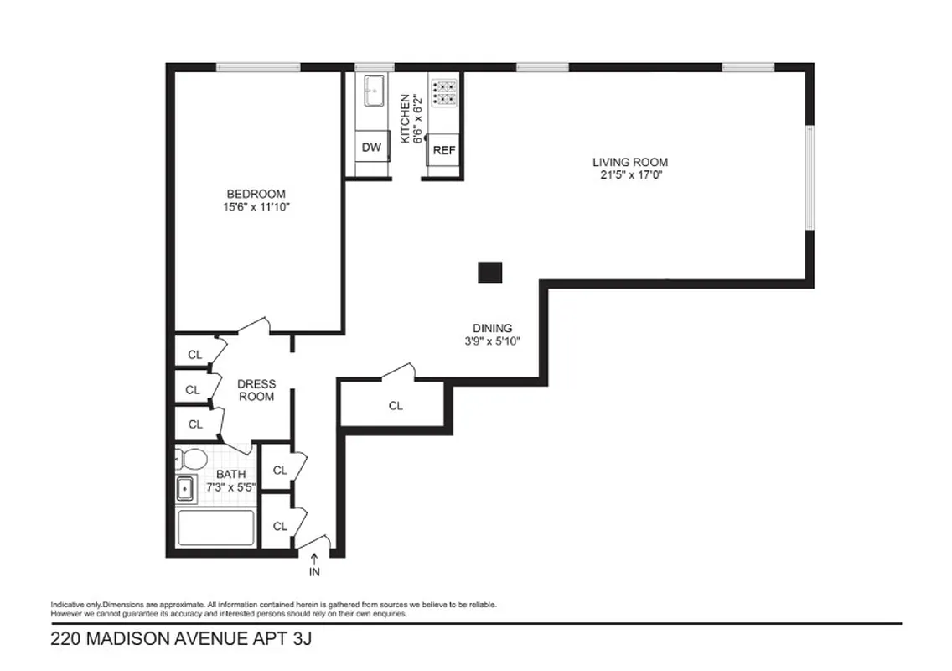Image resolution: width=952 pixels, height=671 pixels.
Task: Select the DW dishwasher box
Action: pyautogui.click(x=371, y=148)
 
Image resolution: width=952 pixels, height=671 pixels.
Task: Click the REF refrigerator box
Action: pyautogui.click(x=443, y=151)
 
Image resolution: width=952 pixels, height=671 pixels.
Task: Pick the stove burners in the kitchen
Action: pyautogui.click(x=443, y=91)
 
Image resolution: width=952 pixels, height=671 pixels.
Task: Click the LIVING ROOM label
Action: pyautogui.click(x=629, y=162)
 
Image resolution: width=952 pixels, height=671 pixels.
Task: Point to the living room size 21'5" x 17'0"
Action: pyautogui.click(x=629, y=175)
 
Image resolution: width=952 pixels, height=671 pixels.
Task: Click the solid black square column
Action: pyautogui.click(x=489, y=273)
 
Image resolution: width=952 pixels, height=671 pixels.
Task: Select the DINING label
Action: pyautogui.click(x=492, y=329)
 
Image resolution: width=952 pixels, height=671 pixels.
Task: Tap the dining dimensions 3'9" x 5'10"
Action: pyautogui.click(x=492, y=341)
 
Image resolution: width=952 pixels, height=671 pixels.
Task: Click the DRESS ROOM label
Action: pyautogui.click(x=256, y=390)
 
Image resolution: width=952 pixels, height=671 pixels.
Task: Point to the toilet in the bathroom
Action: pyautogui.click(x=191, y=459)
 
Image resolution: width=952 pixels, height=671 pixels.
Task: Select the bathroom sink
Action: pyautogui.click(x=185, y=488)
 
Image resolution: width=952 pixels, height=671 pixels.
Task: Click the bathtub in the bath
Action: pyautogui.click(x=215, y=528)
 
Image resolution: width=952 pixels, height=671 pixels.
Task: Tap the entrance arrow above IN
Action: pyautogui.click(x=314, y=557)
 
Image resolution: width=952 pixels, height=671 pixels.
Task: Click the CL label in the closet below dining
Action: pyautogui.click(x=396, y=406)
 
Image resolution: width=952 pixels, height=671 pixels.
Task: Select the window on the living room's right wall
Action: pyautogui.click(x=809, y=177)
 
